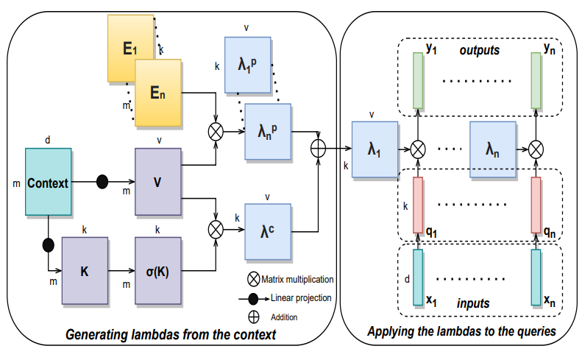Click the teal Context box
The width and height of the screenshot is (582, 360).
pos(49,182)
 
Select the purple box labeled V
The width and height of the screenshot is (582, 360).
pos(158,181)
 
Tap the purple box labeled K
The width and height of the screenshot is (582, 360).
pos(85,270)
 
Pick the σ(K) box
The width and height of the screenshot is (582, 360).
pos(158,270)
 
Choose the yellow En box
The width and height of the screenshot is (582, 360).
pos(158,92)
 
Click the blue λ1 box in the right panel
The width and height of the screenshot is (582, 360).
pos(374,149)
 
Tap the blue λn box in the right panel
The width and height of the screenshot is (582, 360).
pos(491,149)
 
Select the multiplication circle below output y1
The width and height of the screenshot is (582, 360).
pos(418,149)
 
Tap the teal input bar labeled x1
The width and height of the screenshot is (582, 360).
pos(418,276)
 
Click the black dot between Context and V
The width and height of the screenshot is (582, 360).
pos(102,181)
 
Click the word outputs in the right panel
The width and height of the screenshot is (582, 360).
pos(479,51)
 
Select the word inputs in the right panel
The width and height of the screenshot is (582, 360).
pos(472,303)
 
